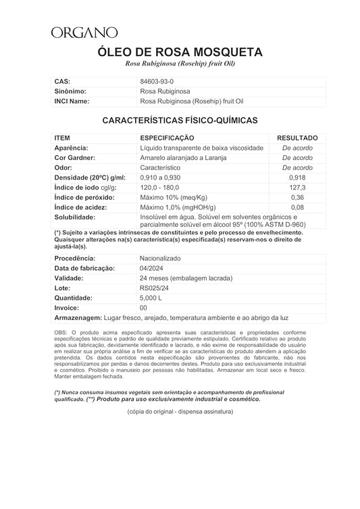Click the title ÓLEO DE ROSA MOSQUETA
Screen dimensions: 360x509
point(180,52)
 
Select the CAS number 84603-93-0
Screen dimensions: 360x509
point(156,81)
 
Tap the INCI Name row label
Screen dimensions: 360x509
point(72,101)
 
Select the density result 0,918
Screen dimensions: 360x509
point(297,177)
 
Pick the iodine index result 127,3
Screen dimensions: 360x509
point(297,187)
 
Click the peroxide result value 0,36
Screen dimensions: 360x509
point(297,197)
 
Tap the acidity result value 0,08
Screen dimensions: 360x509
point(297,207)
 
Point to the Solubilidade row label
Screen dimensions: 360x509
point(75,217)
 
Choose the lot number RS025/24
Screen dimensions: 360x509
point(153,288)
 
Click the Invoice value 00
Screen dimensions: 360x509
point(143,307)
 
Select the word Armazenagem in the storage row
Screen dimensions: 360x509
point(77,317)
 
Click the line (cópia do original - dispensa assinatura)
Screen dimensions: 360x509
point(179,411)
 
